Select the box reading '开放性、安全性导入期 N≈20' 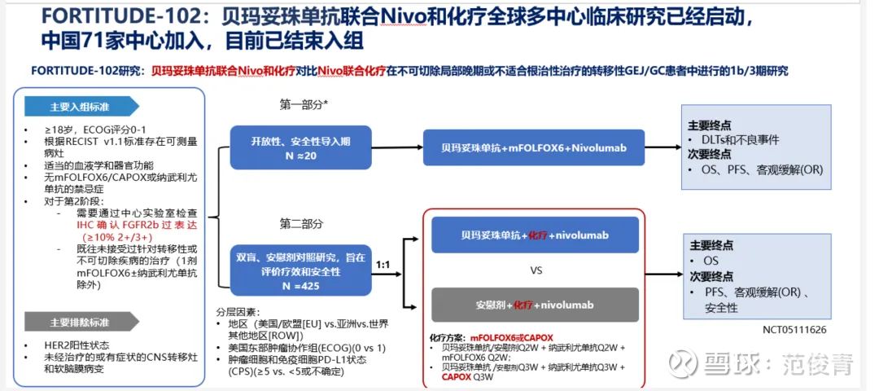click(300, 147)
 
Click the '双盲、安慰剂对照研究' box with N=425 click(300, 270)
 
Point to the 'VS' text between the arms click(536, 270)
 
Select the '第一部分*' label click(304, 104)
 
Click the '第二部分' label click(301, 223)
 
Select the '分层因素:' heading click(237, 311)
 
